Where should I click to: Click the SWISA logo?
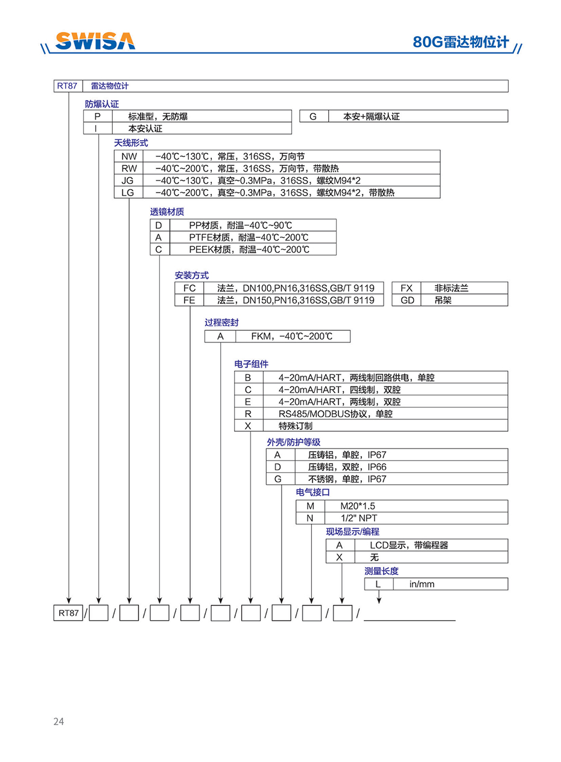[95, 40]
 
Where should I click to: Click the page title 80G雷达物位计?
[461, 42]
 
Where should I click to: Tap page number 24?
[59, 721]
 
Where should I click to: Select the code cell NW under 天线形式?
[128, 156]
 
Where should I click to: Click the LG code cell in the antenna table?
[128, 193]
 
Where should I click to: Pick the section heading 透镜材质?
[167, 212]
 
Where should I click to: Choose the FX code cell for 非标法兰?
[407, 288]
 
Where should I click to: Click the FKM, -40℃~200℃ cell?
[291, 336]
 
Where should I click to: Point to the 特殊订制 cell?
[295, 426]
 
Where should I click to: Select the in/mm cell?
[422, 584]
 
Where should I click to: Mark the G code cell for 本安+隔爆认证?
[313, 116]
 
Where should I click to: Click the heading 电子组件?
[251, 364]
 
